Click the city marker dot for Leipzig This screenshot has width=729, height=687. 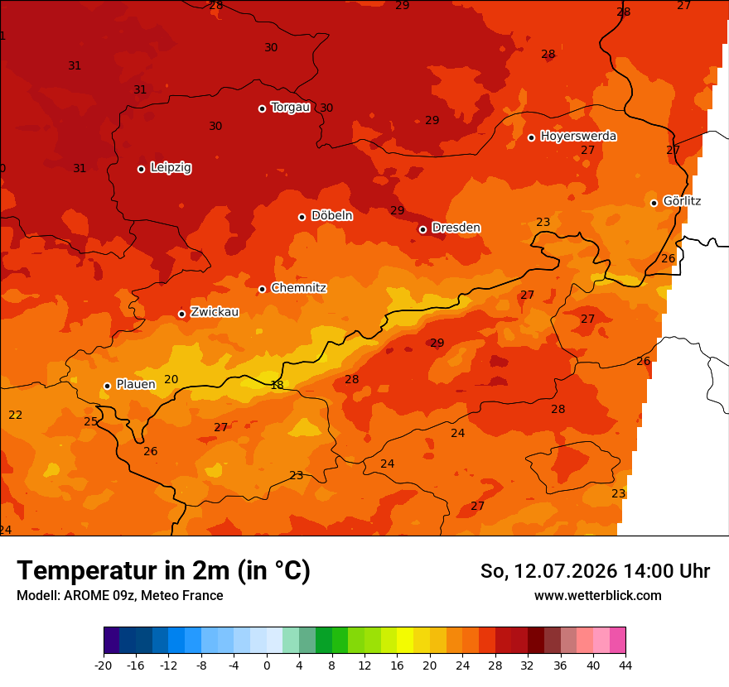(142, 169)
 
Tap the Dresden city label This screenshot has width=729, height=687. (456, 228)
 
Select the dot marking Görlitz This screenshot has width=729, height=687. (654, 203)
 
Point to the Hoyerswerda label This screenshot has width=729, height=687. (578, 136)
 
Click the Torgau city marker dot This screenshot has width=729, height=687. (263, 108)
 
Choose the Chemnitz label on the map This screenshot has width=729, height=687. (298, 288)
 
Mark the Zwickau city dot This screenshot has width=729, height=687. (181, 314)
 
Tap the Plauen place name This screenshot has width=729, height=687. (136, 384)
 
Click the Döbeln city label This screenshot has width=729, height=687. (332, 215)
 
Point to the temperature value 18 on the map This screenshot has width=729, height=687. (277, 385)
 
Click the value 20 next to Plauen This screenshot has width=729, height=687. (171, 379)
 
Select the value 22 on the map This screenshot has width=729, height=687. (16, 415)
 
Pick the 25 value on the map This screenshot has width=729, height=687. (90, 421)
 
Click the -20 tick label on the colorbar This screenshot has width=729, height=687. (104, 665)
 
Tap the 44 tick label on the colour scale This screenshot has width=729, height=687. (625, 665)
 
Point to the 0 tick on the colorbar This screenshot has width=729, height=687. (267, 665)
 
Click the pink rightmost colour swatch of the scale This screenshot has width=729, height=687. (617, 640)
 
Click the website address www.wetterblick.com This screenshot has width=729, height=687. (598, 595)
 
